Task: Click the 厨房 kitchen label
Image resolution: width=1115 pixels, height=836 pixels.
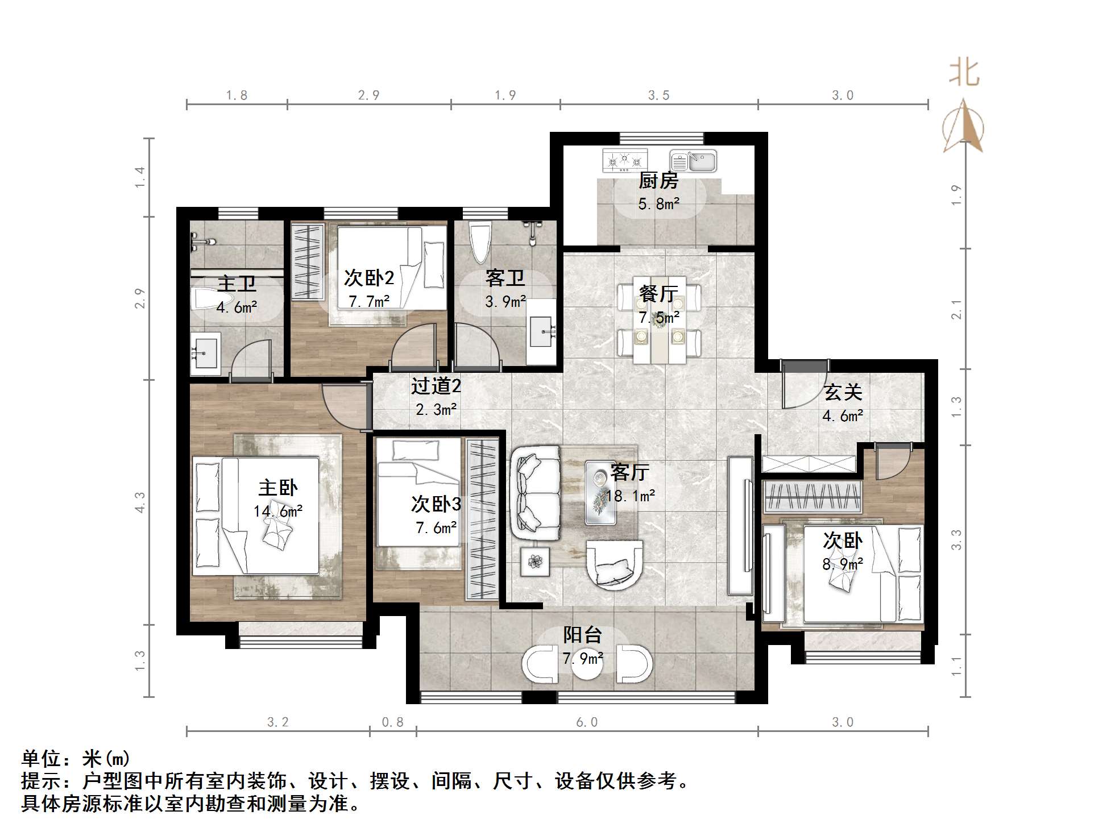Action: [658, 181]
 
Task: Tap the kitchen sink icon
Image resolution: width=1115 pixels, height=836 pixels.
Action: [693, 161]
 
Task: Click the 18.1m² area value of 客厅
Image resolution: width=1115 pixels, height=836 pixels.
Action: [630, 496]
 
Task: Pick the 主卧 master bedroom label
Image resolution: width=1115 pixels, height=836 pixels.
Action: [277, 488]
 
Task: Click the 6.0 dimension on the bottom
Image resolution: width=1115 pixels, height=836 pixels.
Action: [587, 722]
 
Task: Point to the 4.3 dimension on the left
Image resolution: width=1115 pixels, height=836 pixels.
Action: [140, 502]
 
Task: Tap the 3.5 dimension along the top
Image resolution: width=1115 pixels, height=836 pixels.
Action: [658, 95]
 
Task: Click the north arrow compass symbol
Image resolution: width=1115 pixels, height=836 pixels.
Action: [963, 126]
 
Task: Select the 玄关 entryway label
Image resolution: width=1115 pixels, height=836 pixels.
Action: [843, 392]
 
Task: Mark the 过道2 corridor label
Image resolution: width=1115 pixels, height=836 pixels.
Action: [436, 386]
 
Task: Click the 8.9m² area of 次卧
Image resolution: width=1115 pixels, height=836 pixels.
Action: [843, 564]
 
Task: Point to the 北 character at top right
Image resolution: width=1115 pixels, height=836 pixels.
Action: [964, 74]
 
